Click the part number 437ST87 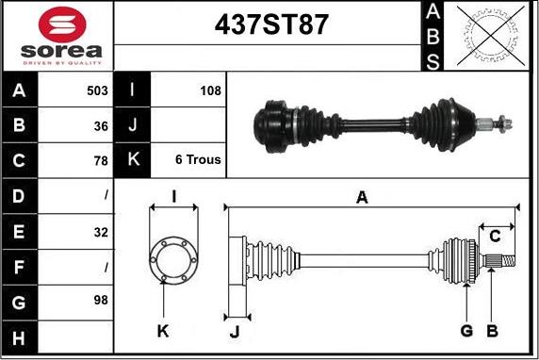[x=271, y=25]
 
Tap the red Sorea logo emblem [x=62, y=25]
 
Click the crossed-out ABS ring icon [x=491, y=36]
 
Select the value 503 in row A [x=97, y=90]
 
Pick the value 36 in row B [x=101, y=126]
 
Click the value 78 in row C [x=101, y=160]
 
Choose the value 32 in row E [x=101, y=233]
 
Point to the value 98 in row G [x=101, y=300]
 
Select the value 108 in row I [x=211, y=90]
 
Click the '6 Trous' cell [x=198, y=159]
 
